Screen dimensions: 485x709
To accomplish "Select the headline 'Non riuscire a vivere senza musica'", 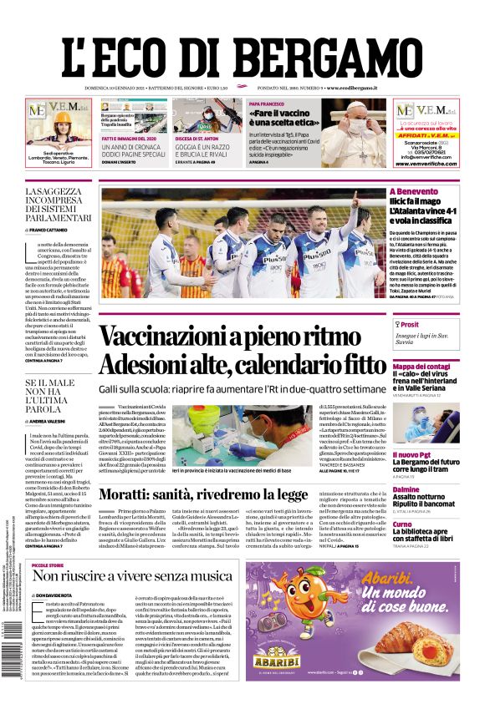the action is (x=132, y=576).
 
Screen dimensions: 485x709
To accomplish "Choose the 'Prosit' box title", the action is (x=409, y=325).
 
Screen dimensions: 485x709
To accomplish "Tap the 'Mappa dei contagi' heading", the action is (x=421, y=367).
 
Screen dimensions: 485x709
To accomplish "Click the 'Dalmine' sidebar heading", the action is (x=406, y=489).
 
